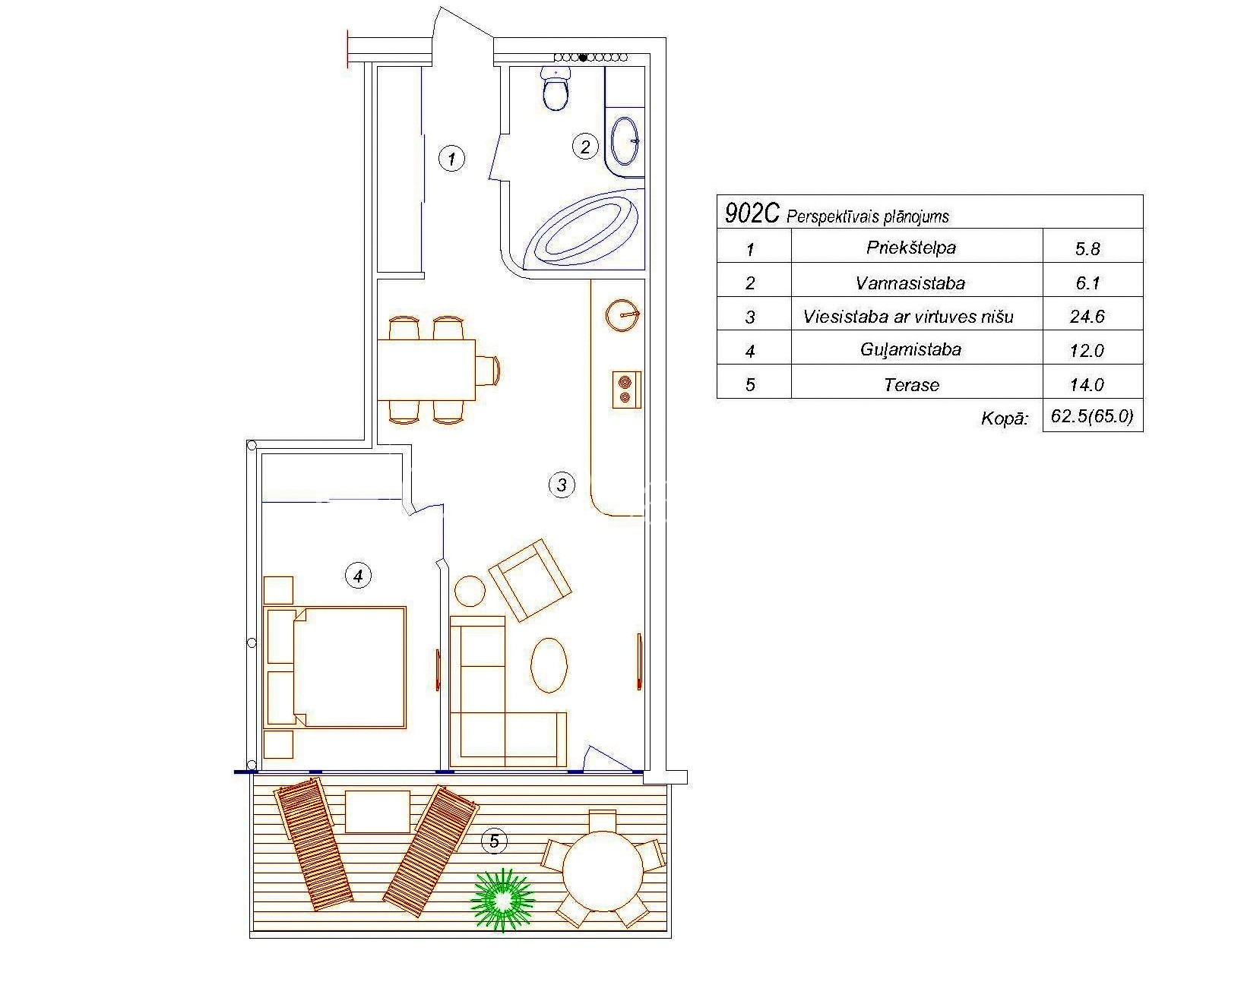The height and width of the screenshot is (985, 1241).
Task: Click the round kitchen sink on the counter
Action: [622, 315]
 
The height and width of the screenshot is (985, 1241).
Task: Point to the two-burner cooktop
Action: [626, 390]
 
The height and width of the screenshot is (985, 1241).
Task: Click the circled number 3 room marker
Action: [562, 485]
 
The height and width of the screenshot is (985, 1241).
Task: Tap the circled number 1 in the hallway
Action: [451, 158]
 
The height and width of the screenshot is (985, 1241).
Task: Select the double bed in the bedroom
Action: [335, 667]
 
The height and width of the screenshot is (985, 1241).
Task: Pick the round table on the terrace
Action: [603, 871]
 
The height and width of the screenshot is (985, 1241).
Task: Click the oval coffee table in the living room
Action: [549, 665]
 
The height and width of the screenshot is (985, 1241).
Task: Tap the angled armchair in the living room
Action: [530, 579]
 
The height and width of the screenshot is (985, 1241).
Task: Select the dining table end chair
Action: [488, 371]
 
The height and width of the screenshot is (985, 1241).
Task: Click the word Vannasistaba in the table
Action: [910, 283]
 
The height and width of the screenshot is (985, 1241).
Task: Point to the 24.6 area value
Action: [1087, 317]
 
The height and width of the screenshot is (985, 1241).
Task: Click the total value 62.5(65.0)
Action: [1092, 416]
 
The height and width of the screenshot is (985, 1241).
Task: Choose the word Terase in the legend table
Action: [912, 385]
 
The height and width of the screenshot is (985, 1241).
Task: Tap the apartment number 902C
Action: [752, 214]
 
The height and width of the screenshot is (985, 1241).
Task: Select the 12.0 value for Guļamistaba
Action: [1087, 350]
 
